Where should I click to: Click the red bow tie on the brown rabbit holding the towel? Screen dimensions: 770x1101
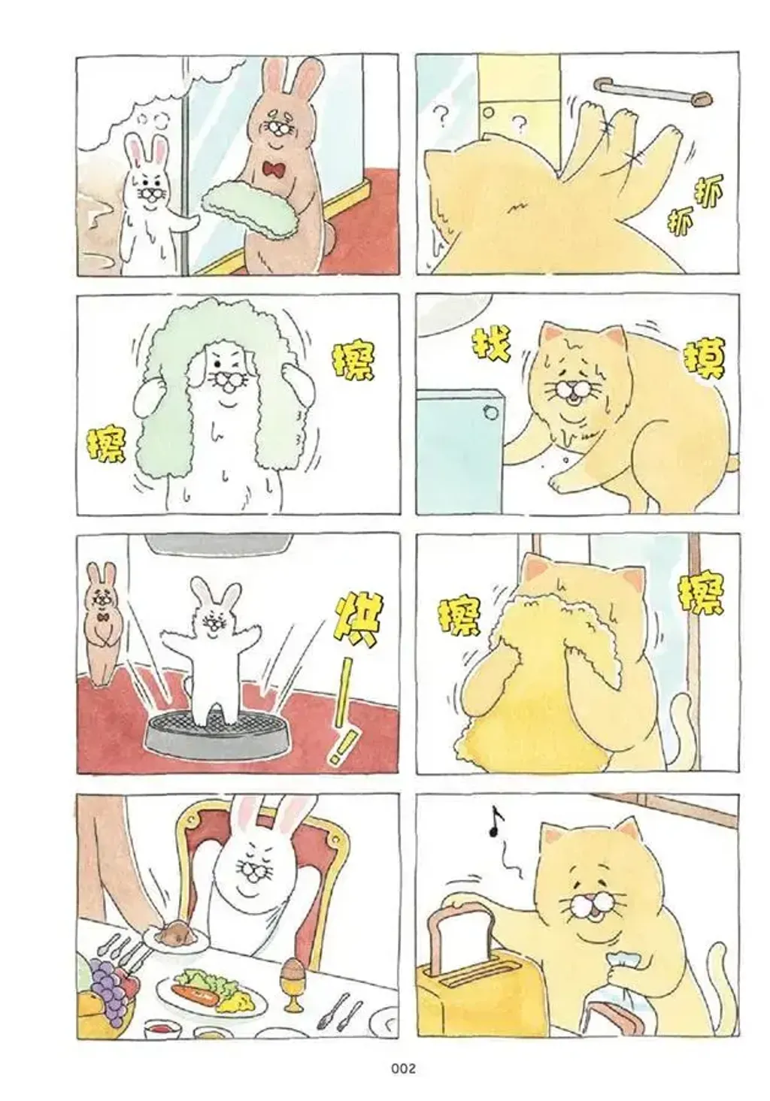click(x=274, y=170)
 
